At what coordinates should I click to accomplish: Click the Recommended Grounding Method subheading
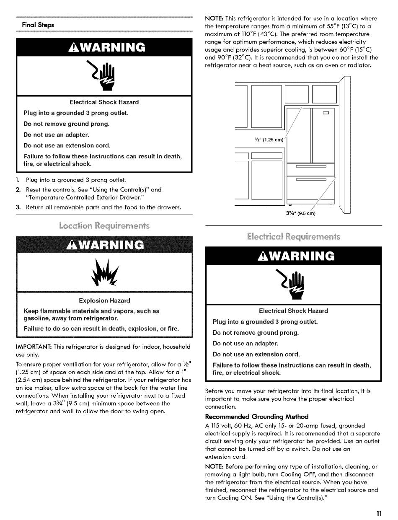coord(256,417)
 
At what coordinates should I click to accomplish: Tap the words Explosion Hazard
coord(104,300)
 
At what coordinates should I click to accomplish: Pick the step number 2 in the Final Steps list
coord(18,189)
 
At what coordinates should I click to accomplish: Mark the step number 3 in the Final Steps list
coord(18,207)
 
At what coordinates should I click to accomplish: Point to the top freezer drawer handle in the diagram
coord(311,166)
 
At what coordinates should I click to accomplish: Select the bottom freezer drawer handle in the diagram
coord(311,180)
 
